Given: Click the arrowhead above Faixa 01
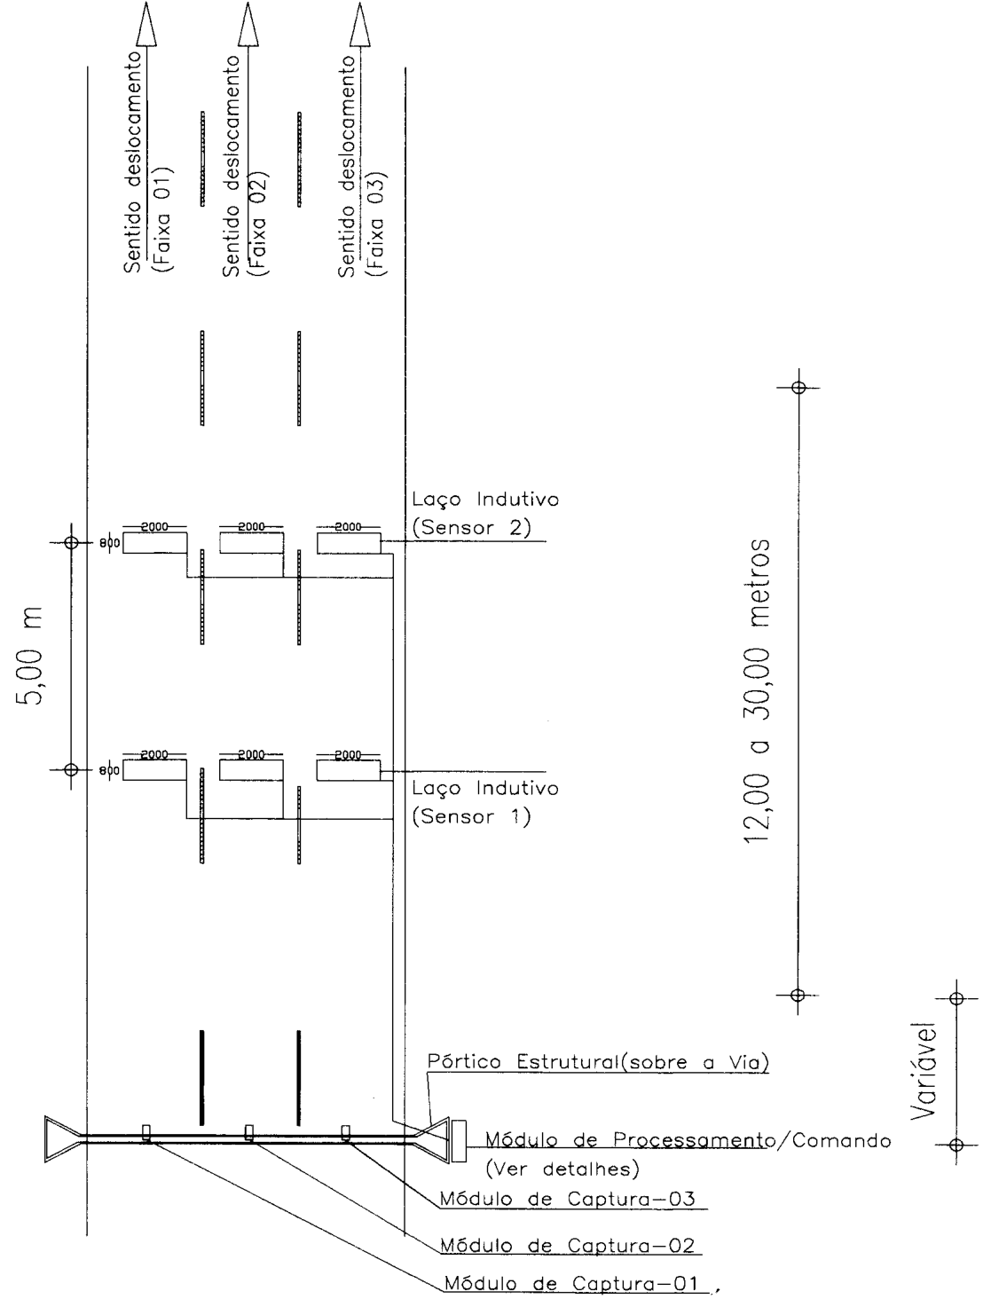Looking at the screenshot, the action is [x=146, y=24].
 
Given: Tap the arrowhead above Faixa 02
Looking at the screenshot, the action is [x=248, y=24].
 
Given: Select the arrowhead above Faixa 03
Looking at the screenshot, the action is [x=359, y=24].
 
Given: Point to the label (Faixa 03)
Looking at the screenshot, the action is [x=376, y=224].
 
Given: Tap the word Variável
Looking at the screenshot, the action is [x=924, y=1071].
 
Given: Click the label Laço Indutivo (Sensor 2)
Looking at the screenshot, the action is [x=485, y=513].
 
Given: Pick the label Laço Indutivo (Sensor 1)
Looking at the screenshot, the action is [x=485, y=802].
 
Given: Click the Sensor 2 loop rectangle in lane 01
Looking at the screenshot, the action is [x=154, y=543].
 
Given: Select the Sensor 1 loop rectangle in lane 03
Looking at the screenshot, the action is [x=348, y=770].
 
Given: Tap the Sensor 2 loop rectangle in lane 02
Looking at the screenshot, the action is [x=252, y=543].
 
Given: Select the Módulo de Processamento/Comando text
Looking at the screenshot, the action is [x=688, y=1141].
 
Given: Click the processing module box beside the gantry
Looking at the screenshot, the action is [x=459, y=1141].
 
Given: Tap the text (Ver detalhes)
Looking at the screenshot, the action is [x=562, y=1169].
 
